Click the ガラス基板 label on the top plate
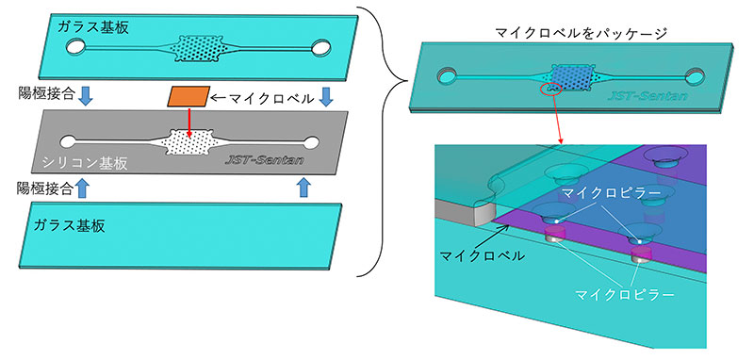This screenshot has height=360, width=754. coord(92,27)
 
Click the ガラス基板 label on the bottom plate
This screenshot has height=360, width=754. coord(69,225)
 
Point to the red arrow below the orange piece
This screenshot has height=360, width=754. coord(189,123)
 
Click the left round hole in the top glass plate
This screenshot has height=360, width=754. coord(75,46)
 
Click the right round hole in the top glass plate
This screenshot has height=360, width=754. coord(320,47)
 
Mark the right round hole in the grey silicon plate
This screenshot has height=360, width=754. coord(311,142)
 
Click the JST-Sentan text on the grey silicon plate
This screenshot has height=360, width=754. coord(265,159)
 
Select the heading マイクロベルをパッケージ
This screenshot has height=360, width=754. coord(581,34)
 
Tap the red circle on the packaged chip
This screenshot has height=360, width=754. coord(552,89)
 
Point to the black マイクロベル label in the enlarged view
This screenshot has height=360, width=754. coord(483,256)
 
